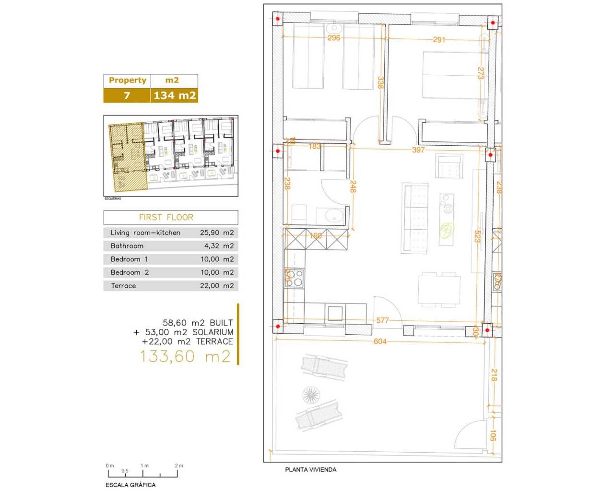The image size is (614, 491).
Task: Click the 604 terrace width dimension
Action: tap(380, 341)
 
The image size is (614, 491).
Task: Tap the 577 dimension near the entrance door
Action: tap(382, 320)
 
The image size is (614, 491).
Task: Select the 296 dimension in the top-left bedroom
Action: tap(334, 37)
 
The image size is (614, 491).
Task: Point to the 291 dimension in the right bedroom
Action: tap(439, 40)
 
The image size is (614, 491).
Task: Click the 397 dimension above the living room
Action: tap(418, 150)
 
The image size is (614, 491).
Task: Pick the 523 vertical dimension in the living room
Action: tap(477, 236)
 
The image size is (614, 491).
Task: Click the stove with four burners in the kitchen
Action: tap(294, 278)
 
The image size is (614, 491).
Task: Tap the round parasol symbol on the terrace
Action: tap(311, 395)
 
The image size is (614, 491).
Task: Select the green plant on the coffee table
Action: tap(447, 231)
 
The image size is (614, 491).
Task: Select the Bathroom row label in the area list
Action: tap(127, 246)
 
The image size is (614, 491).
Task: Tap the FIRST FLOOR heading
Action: tap(166, 217)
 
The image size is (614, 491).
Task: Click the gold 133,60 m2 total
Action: tap(185, 356)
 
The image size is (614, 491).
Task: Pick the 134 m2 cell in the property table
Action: tap(175, 95)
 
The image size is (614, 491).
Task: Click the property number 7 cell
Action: tap(127, 95)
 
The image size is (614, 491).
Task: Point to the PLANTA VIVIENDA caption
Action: tap(310, 469)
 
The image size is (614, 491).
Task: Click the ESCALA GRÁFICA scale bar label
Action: tap(130, 485)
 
